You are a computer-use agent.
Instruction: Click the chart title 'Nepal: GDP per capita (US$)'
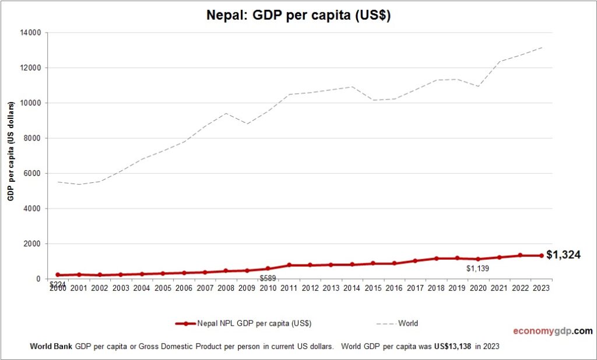click(x=298, y=16)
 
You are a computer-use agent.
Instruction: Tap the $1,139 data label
click(x=479, y=269)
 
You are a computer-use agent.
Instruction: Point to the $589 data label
click(x=268, y=278)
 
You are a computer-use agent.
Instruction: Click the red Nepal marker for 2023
click(x=542, y=256)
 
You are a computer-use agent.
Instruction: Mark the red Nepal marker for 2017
click(x=415, y=261)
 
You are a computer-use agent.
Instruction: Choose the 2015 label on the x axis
click(x=373, y=288)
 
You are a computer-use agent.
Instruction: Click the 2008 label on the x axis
click(x=226, y=288)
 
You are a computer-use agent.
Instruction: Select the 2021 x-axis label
click(x=500, y=288)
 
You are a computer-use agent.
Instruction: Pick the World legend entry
click(x=408, y=323)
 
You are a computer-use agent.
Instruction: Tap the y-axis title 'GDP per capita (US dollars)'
click(x=10, y=150)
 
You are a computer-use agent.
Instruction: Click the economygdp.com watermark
click(x=553, y=331)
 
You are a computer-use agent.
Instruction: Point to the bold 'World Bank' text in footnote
click(x=51, y=346)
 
